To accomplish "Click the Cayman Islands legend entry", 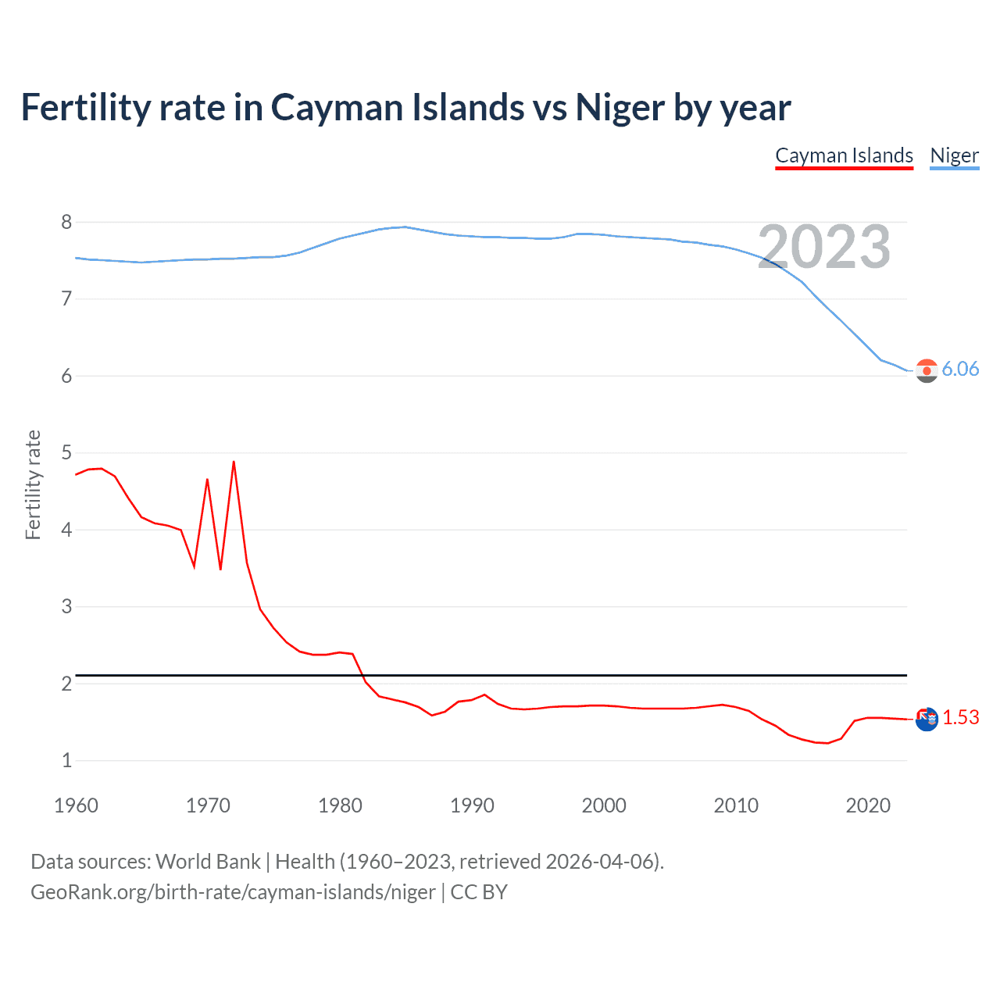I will (844, 155).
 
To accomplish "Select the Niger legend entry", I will (954, 155).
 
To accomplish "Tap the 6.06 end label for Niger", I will (960, 369).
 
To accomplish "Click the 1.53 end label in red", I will (960, 717).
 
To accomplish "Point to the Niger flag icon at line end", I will (927, 371).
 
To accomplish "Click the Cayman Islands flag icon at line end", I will (927, 719).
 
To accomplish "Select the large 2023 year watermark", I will (823, 247).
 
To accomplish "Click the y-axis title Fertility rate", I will (33, 484).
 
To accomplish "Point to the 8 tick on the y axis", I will (66, 223).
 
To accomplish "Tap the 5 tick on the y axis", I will (66, 453).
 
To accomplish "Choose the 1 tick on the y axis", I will (66, 760).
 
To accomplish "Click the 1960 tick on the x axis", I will (76, 805).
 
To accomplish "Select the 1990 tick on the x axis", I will (472, 805).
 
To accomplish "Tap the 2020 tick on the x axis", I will (868, 805).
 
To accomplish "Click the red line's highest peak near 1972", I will (234, 462).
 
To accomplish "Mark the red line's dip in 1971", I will (220, 569).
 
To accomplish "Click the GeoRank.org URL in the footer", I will (233, 892).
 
